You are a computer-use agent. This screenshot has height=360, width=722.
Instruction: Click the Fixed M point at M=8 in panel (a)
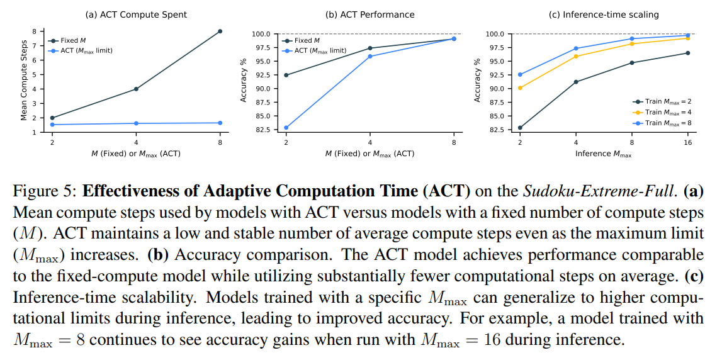coord(220,31)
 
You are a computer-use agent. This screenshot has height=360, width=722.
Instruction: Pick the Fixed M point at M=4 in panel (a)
coord(136,89)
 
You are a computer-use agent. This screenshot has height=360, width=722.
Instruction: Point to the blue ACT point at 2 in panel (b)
coord(286,128)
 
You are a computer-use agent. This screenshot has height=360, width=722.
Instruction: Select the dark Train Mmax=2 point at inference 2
coord(520,128)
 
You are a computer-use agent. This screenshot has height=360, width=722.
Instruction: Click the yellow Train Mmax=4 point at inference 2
coord(520,87)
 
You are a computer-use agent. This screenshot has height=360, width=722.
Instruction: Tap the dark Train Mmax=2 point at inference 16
coord(687,53)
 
